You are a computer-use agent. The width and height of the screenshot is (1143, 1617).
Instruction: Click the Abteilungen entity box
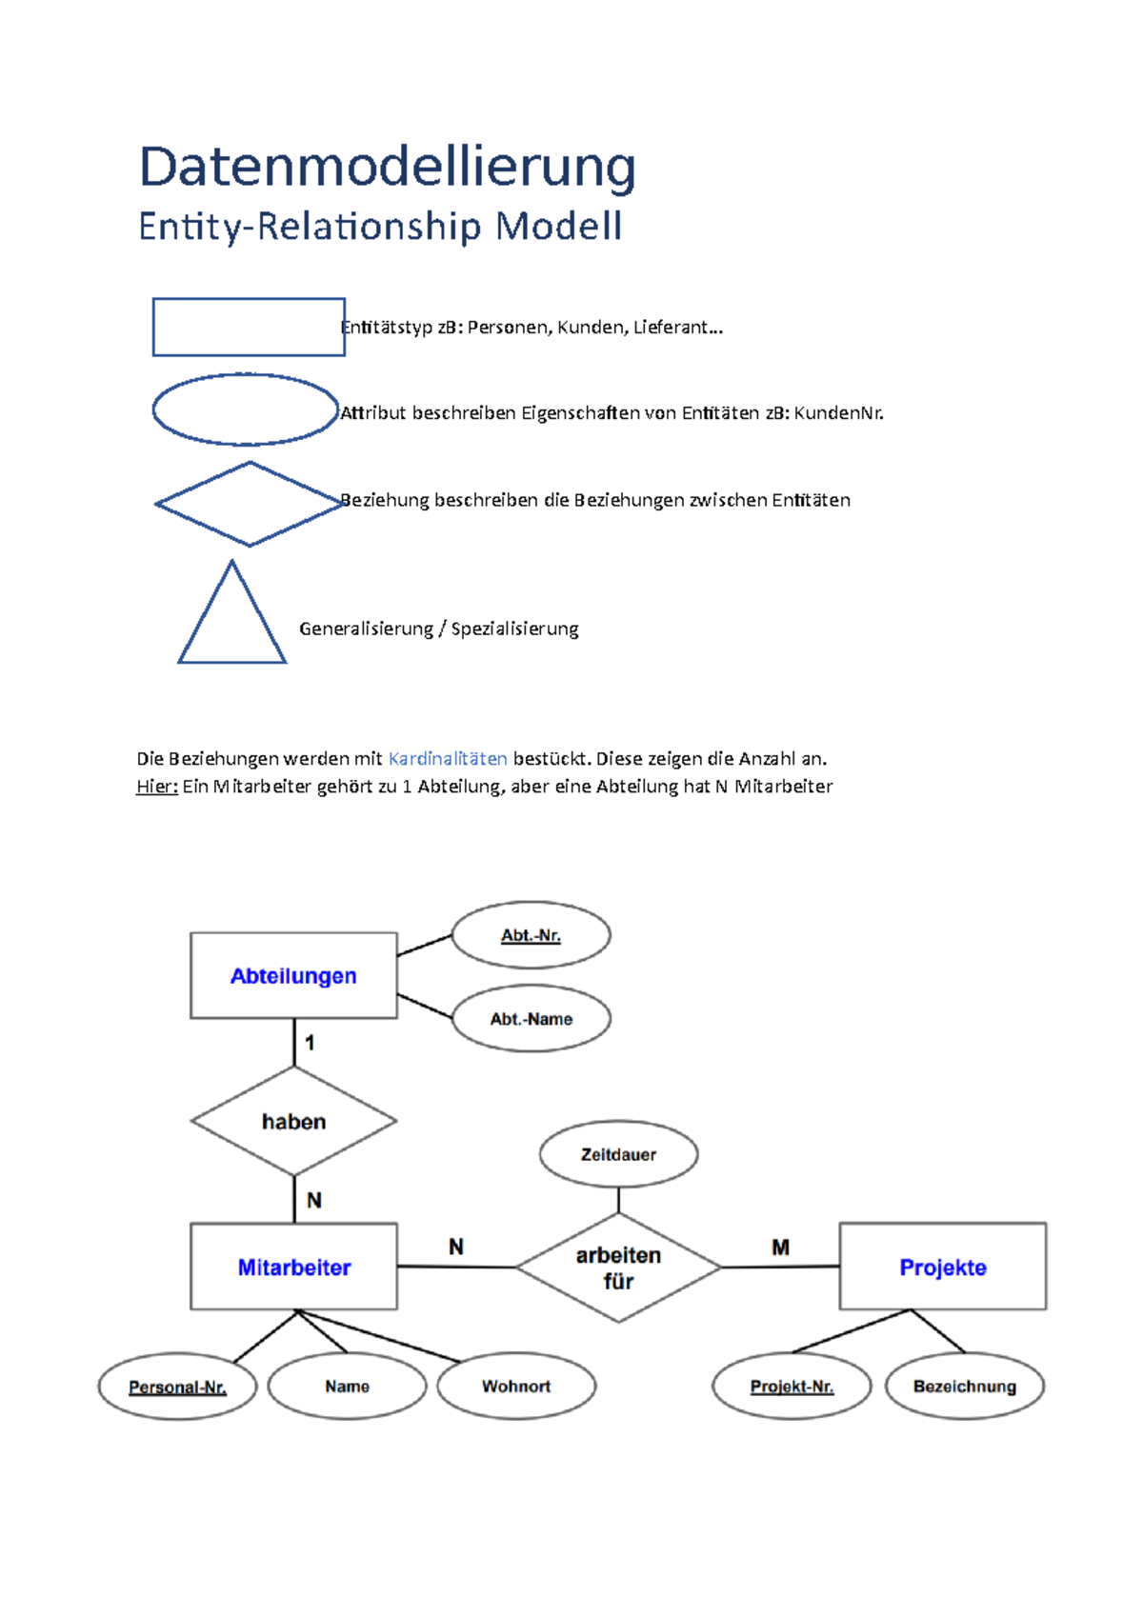(293, 975)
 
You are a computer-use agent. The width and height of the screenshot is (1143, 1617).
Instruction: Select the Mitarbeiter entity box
(293, 1267)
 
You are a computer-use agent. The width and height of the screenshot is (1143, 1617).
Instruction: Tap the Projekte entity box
(942, 1267)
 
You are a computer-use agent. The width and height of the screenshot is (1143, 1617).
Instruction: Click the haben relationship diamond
(293, 1121)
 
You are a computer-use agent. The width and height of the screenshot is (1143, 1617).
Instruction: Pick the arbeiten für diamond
(618, 1268)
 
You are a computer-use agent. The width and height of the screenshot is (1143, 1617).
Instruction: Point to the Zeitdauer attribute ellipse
(618, 1154)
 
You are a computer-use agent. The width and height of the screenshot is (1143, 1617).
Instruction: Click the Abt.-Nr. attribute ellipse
(531, 935)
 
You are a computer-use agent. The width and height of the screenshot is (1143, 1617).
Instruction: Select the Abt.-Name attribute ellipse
(531, 1018)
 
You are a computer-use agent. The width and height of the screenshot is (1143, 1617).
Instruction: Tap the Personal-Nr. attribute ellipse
(177, 1387)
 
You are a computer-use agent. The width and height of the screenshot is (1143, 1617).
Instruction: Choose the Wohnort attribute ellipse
(516, 1387)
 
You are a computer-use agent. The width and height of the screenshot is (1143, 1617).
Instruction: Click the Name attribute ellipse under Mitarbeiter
(347, 1387)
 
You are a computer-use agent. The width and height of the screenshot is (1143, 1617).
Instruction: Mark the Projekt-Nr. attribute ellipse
(792, 1387)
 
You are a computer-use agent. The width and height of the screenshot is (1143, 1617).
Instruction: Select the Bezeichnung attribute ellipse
(964, 1387)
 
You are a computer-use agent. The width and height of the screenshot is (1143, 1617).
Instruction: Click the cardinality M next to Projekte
(780, 1247)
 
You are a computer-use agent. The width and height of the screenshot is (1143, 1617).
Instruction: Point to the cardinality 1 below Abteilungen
(310, 1043)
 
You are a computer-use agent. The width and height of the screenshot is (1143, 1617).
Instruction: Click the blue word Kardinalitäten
(448, 759)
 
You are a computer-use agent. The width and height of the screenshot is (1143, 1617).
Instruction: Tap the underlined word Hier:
(157, 787)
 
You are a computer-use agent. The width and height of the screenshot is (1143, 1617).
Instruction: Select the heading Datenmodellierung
(387, 168)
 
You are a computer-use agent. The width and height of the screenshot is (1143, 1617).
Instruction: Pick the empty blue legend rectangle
(249, 327)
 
